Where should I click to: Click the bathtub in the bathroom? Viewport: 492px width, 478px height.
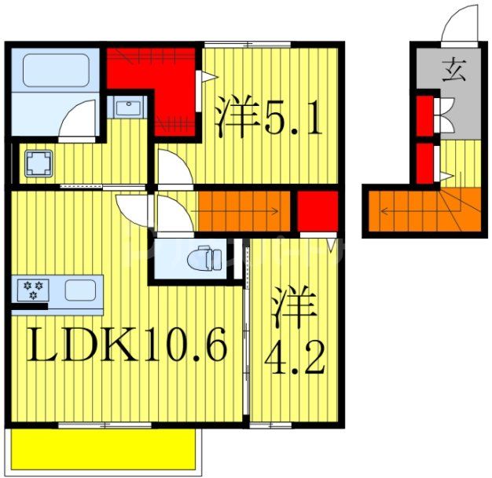coord(55,71)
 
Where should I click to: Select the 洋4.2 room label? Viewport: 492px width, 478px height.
coord(294,331)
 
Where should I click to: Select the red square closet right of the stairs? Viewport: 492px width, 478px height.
coord(318,211)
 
